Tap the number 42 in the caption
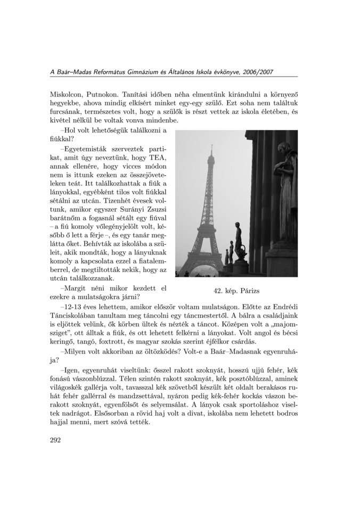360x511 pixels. click(x=218, y=291)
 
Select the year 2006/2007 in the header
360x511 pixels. click(x=255, y=72)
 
